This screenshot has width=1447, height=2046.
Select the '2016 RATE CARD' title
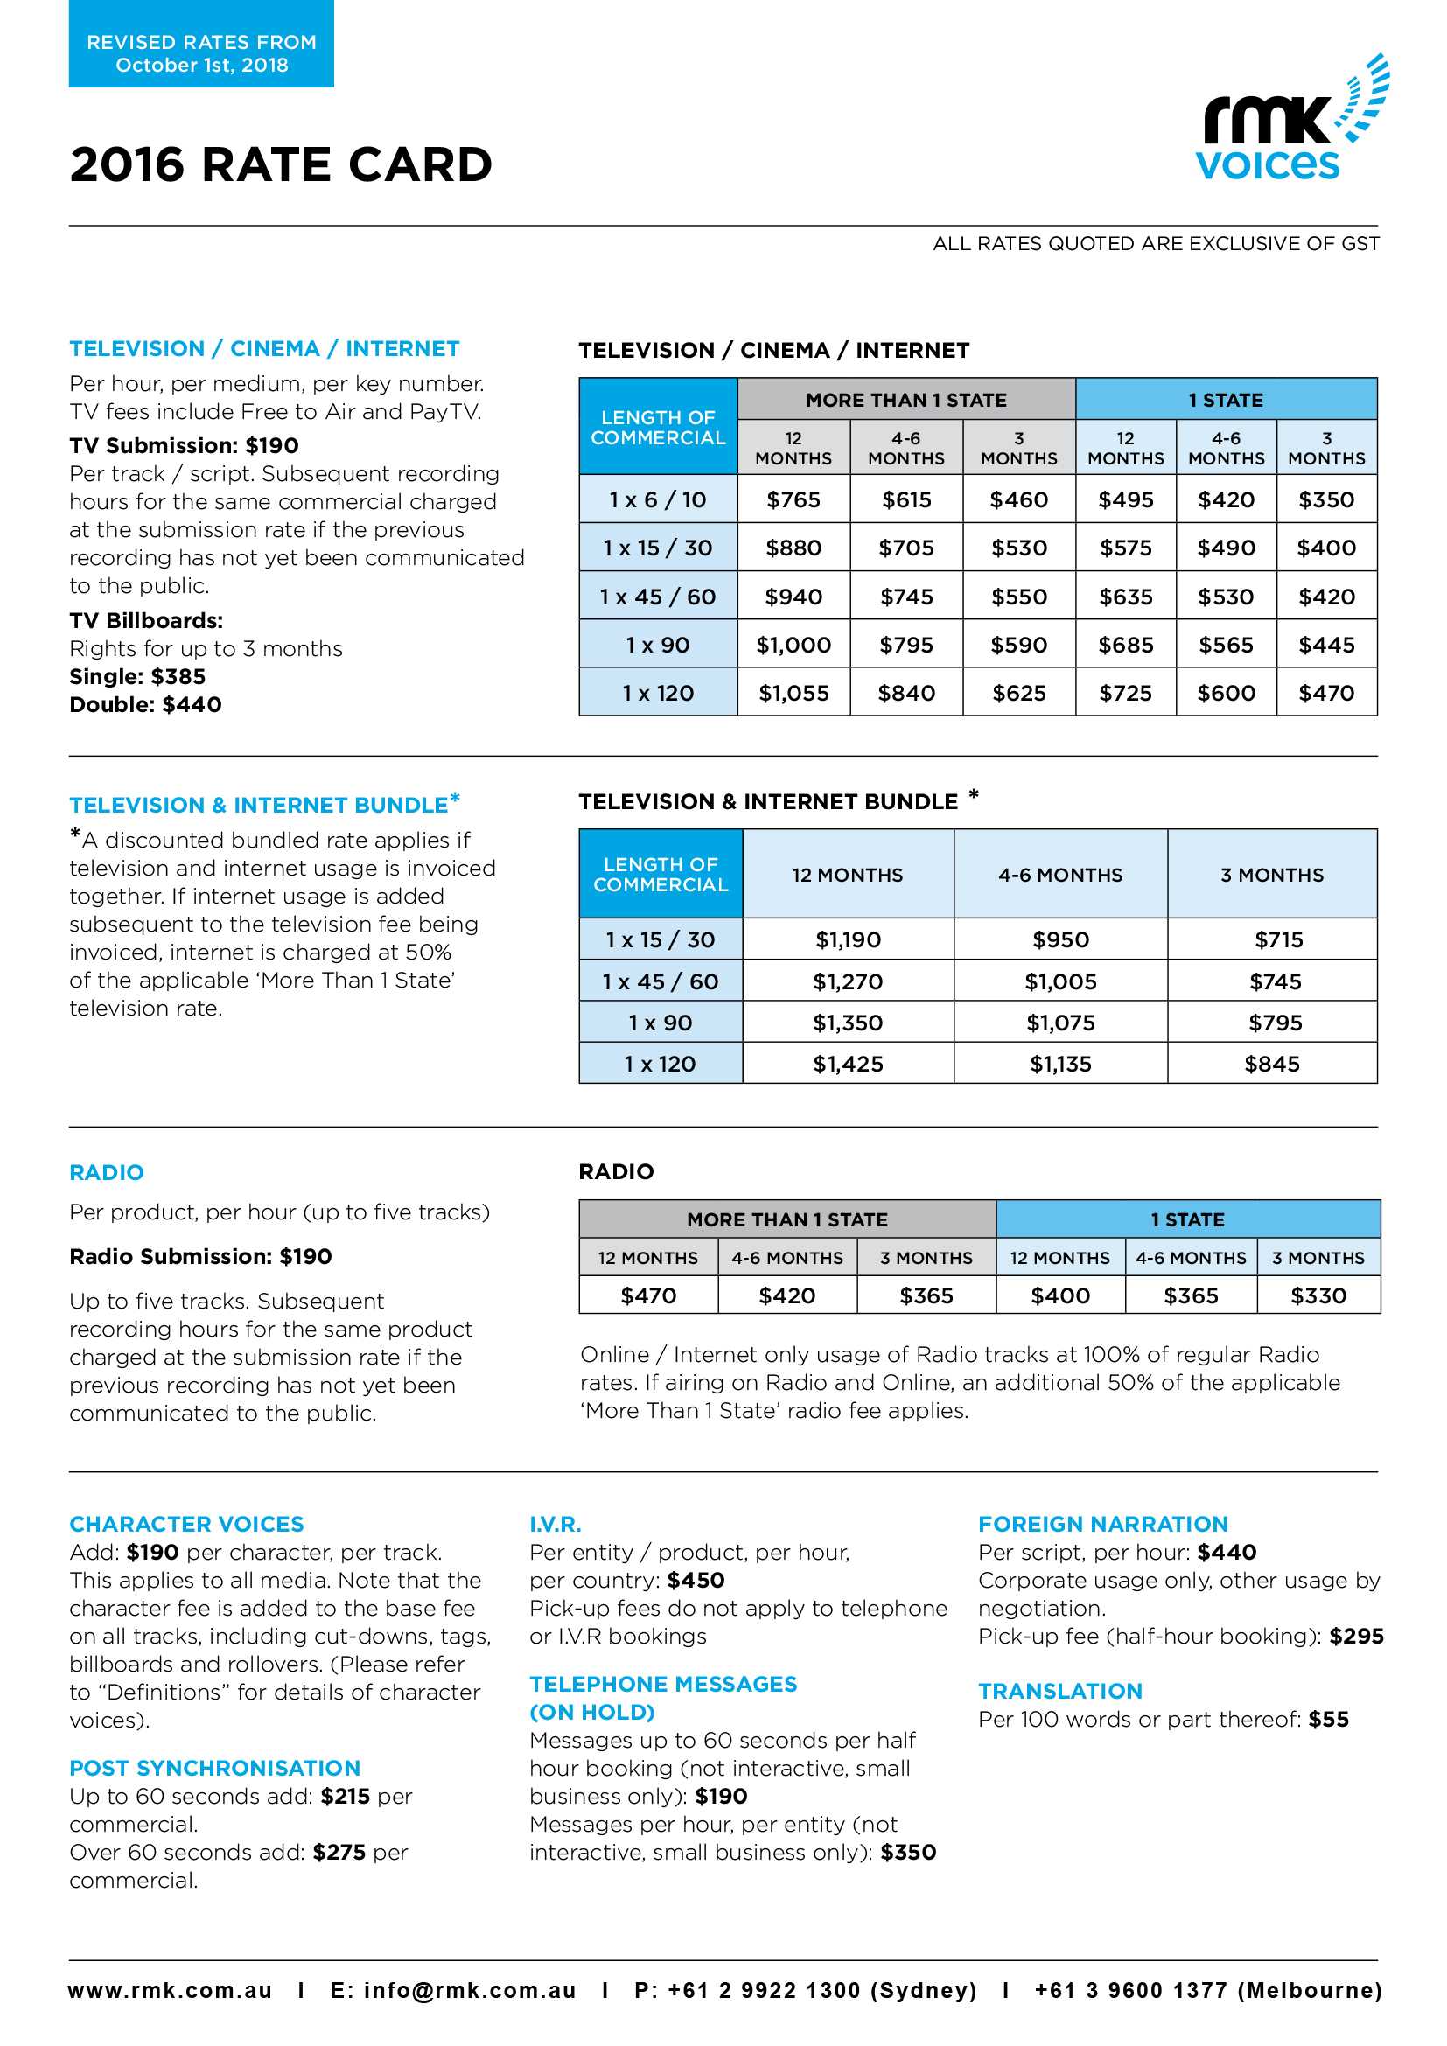[x=281, y=164]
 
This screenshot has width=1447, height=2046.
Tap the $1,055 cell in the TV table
[x=793, y=694]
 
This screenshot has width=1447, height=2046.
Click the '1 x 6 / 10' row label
[x=658, y=500]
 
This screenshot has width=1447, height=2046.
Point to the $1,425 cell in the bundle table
[x=848, y=1064]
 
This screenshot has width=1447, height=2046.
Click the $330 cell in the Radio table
[x=1318, y=1295]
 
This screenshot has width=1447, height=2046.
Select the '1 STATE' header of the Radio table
[x=1187, y=1219]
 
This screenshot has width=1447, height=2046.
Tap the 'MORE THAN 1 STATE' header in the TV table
[x=906, y=400]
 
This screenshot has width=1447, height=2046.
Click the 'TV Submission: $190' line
[x=185, y=445]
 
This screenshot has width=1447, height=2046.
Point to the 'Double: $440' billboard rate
[x=146, y=705]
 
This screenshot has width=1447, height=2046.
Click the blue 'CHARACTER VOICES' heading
[x=187, y=1524]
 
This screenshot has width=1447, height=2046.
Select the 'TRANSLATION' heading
[x=1059, y=1692]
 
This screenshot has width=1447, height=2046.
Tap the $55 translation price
[x=1328, y=1720]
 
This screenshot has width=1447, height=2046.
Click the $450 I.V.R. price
[x=695, y=1581]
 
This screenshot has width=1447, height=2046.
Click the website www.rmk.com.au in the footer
[x=171, y=1991]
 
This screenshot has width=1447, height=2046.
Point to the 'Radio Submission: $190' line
[x=200, y=1256]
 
